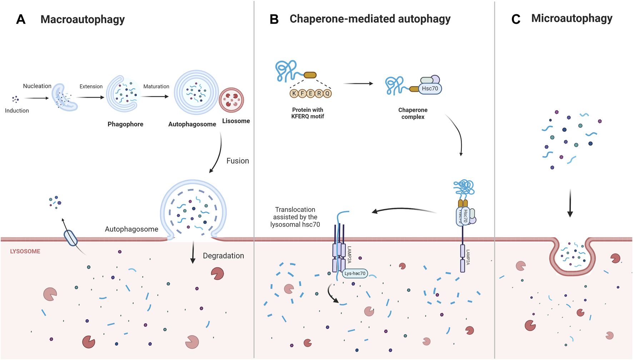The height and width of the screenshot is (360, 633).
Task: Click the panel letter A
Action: [21, 19]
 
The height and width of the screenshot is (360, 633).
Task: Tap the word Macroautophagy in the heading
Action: [83, 19]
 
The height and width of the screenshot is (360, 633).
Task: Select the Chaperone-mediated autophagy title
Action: [370, 19]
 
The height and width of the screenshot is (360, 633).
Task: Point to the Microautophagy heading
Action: [572, 18]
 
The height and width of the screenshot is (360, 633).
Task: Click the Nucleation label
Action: [37, 86]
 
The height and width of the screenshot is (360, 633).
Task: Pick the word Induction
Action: [17, 111]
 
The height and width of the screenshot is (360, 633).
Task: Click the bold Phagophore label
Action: [125, 124]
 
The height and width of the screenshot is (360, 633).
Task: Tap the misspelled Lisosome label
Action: [236, 121]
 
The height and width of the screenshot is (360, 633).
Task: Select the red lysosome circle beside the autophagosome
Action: [231, 100]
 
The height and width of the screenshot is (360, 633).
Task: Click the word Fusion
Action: [238, 161]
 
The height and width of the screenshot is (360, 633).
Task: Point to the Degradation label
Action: [223, 256]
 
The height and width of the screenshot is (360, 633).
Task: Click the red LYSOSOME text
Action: [25, 251]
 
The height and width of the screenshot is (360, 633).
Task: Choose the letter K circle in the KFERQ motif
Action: [294, 94]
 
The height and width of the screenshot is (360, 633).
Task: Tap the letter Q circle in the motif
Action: [327, 94]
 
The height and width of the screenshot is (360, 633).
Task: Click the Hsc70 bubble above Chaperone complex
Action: [430, 89]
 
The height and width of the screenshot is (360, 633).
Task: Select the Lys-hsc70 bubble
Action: [355, 274]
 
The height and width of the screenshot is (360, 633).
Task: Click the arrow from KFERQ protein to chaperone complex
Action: [358, 84]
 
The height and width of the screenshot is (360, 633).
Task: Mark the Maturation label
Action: [156, 86]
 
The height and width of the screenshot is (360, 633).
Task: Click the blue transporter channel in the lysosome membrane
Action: [71, 238]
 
